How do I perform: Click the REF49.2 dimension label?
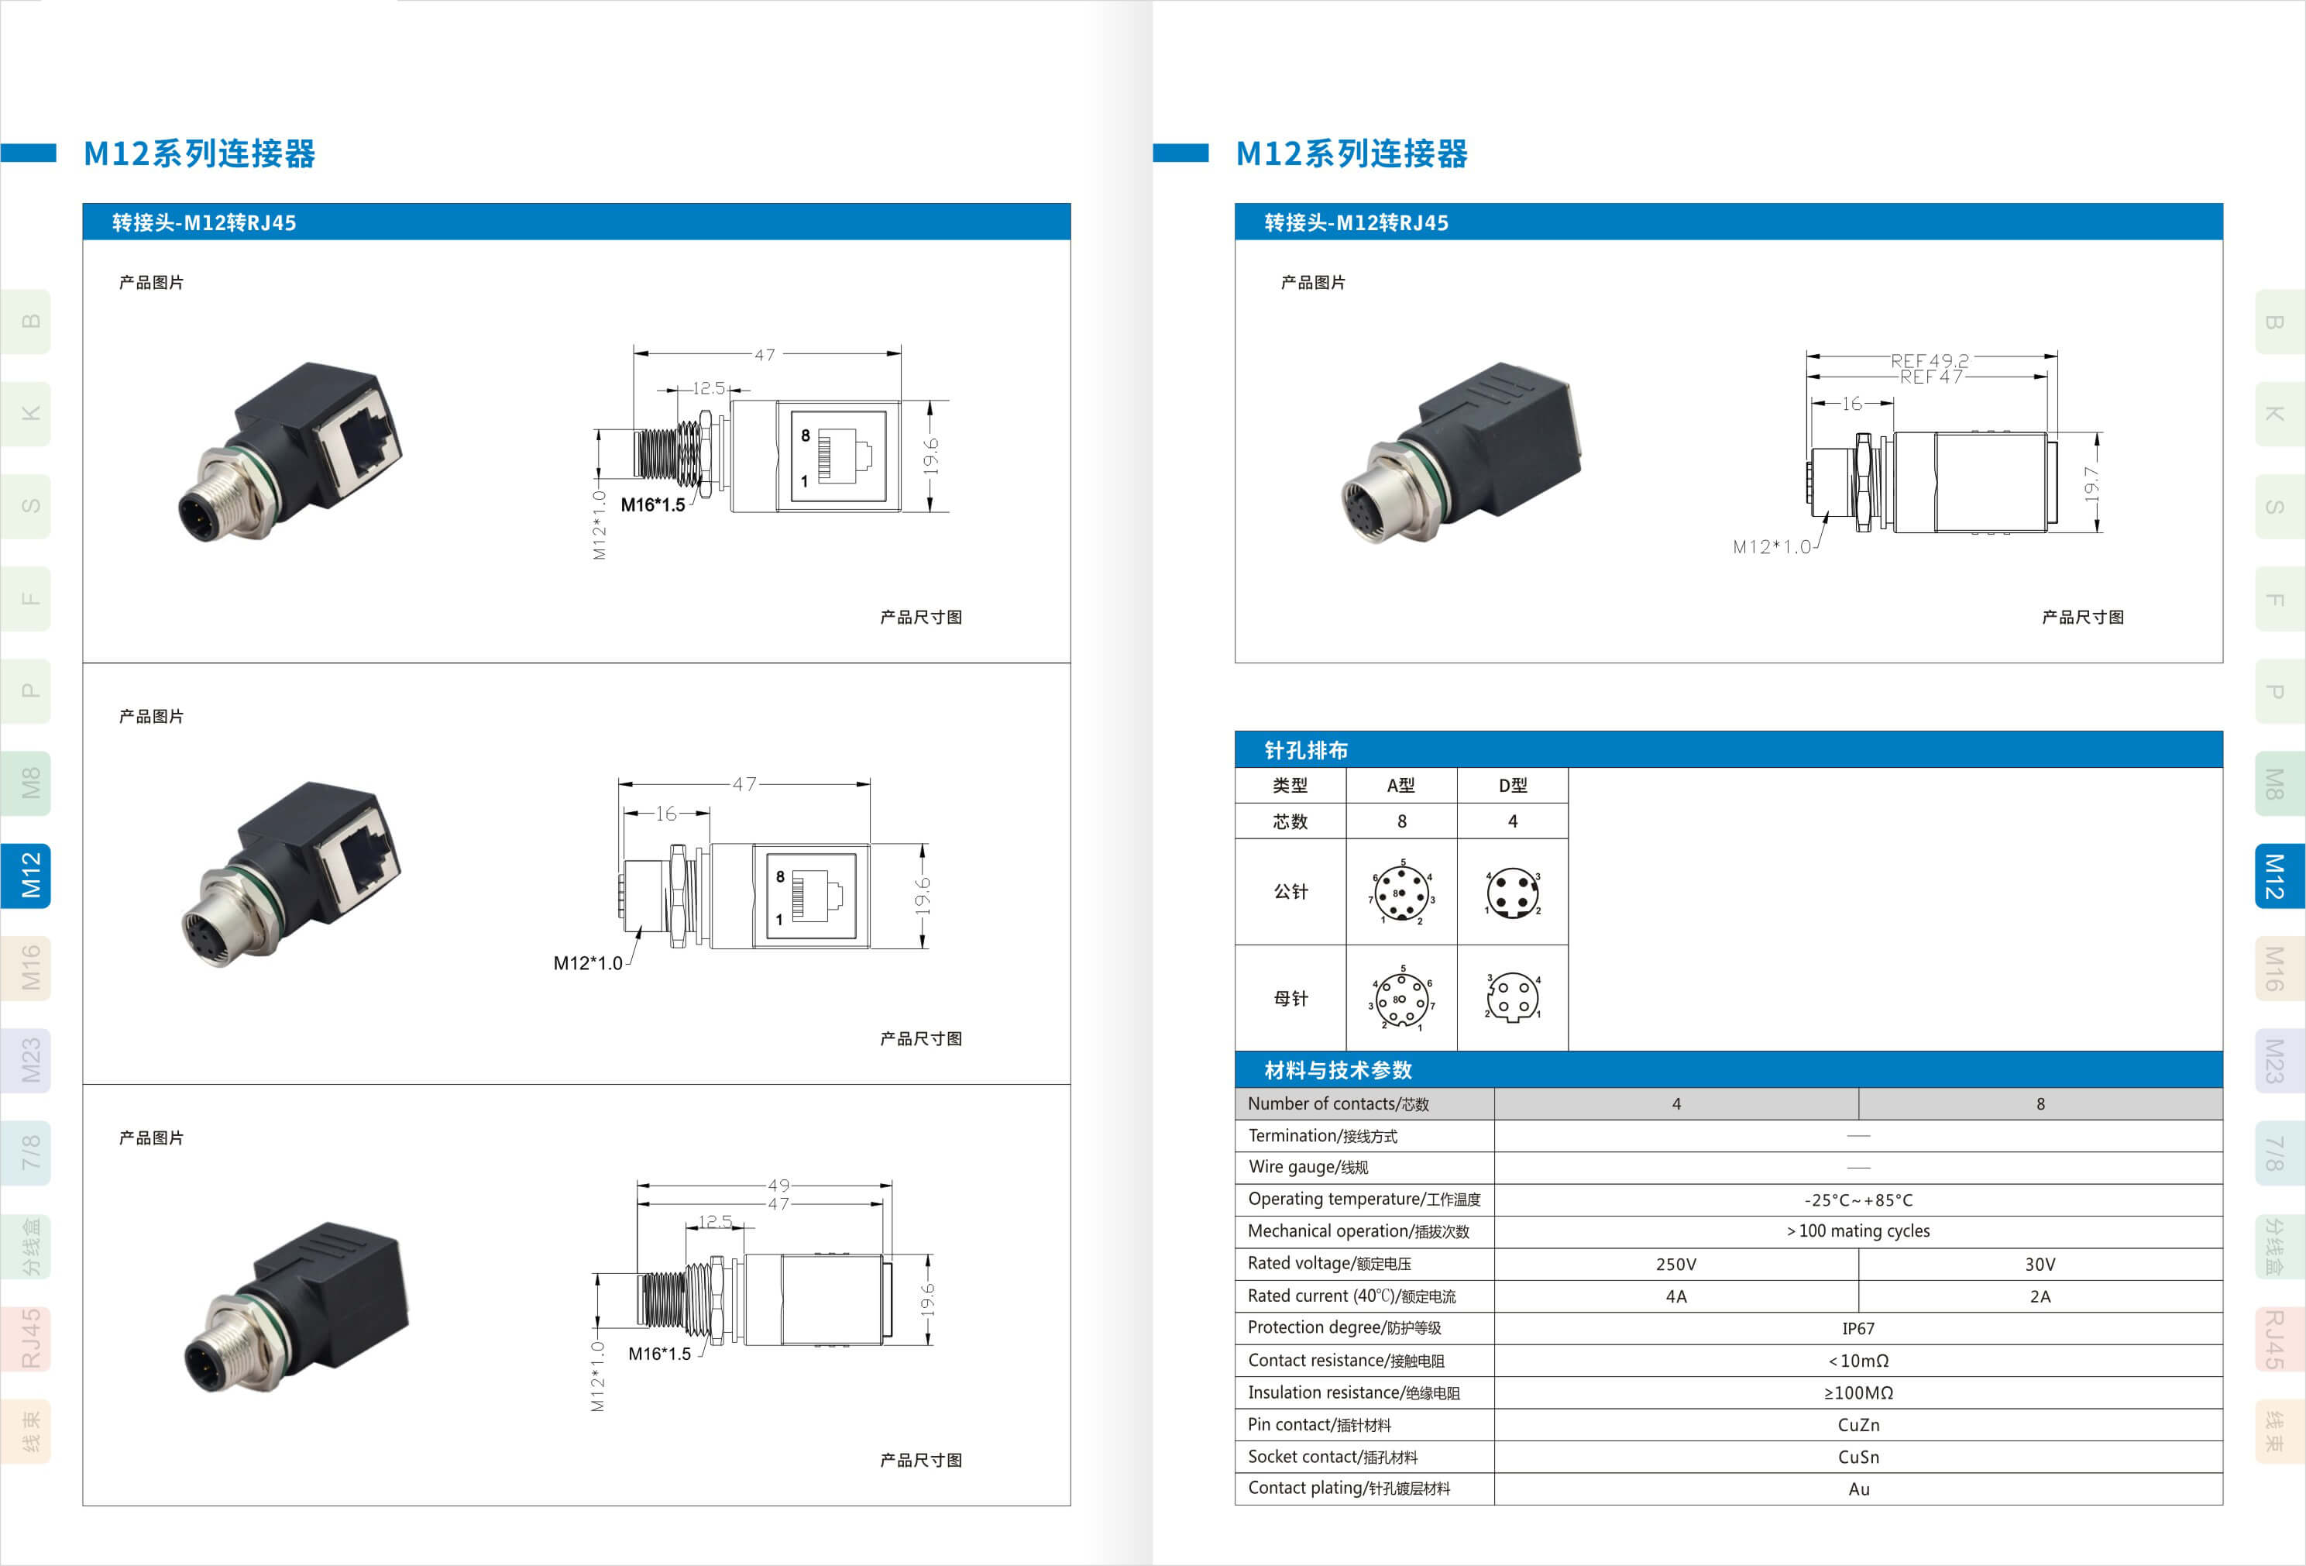click(1929, 360)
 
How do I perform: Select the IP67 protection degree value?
click(1858, 1329)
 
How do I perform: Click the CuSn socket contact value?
click(1858, 1457)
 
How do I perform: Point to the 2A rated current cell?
click(2040, 1296)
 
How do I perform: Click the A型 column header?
click(1401, 786)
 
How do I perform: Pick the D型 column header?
click(1512, 786)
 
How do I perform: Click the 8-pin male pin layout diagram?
click(1402, 892)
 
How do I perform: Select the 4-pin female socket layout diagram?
click(1513, 997)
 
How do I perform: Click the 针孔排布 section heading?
click(1306, 750)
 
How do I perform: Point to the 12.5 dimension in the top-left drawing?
click(709, 388)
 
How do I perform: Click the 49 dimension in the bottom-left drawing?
click(779, 1185)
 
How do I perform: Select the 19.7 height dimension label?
click(2091, 484)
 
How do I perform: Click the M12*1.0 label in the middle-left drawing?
click(587, 962)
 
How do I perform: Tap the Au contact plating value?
click(1858, 1489)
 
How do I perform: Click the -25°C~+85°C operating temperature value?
click(1858, 1199)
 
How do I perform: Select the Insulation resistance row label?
click(1353, 1392)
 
